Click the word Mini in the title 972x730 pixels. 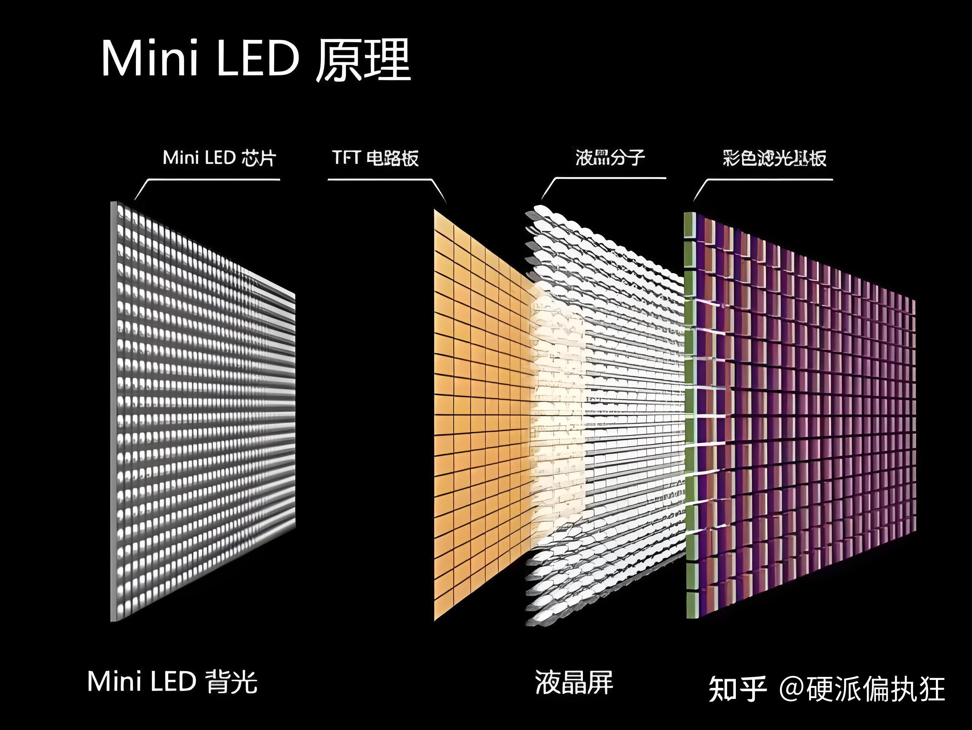point(149,59)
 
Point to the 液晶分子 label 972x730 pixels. point(610,157)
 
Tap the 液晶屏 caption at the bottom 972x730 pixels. point(573,682)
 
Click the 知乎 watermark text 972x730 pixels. point(737,689)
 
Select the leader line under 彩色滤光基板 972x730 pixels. point(769,179)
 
